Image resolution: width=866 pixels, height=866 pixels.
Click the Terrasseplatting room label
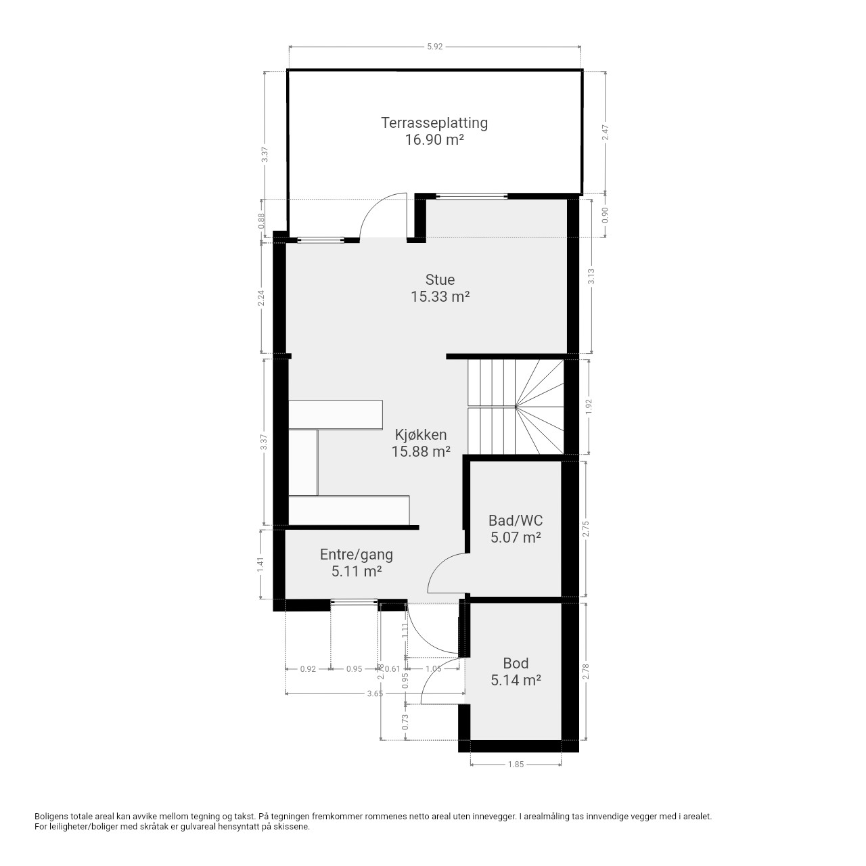click(434, 122)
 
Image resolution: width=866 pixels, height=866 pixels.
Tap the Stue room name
click(440, 279)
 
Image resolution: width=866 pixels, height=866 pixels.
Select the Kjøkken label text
click(421, 434)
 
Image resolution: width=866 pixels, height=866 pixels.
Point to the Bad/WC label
click(516, 520)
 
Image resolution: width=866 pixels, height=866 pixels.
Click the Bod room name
click(516, 663)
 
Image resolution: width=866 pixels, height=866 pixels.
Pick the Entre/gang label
click(357, 555)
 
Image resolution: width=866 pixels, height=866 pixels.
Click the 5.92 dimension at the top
click(434, 46)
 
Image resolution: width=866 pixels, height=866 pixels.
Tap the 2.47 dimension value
click(606, 133)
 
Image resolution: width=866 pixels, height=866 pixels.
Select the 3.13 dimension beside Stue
click(591, 276)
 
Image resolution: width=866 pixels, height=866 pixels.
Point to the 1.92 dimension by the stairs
click(589, 407)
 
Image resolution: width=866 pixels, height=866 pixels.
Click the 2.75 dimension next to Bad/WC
click(586, 529)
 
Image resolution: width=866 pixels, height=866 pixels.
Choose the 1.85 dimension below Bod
click(516, 764)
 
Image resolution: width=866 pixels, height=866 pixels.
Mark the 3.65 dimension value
click(375, 693)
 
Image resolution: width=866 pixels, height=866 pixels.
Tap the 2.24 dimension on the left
click(261, 298)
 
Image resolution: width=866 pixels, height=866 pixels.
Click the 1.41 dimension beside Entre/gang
click(260, 565)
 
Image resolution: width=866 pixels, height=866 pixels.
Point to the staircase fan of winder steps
click(539, 407)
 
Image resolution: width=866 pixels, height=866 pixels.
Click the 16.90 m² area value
click(434, 140)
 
